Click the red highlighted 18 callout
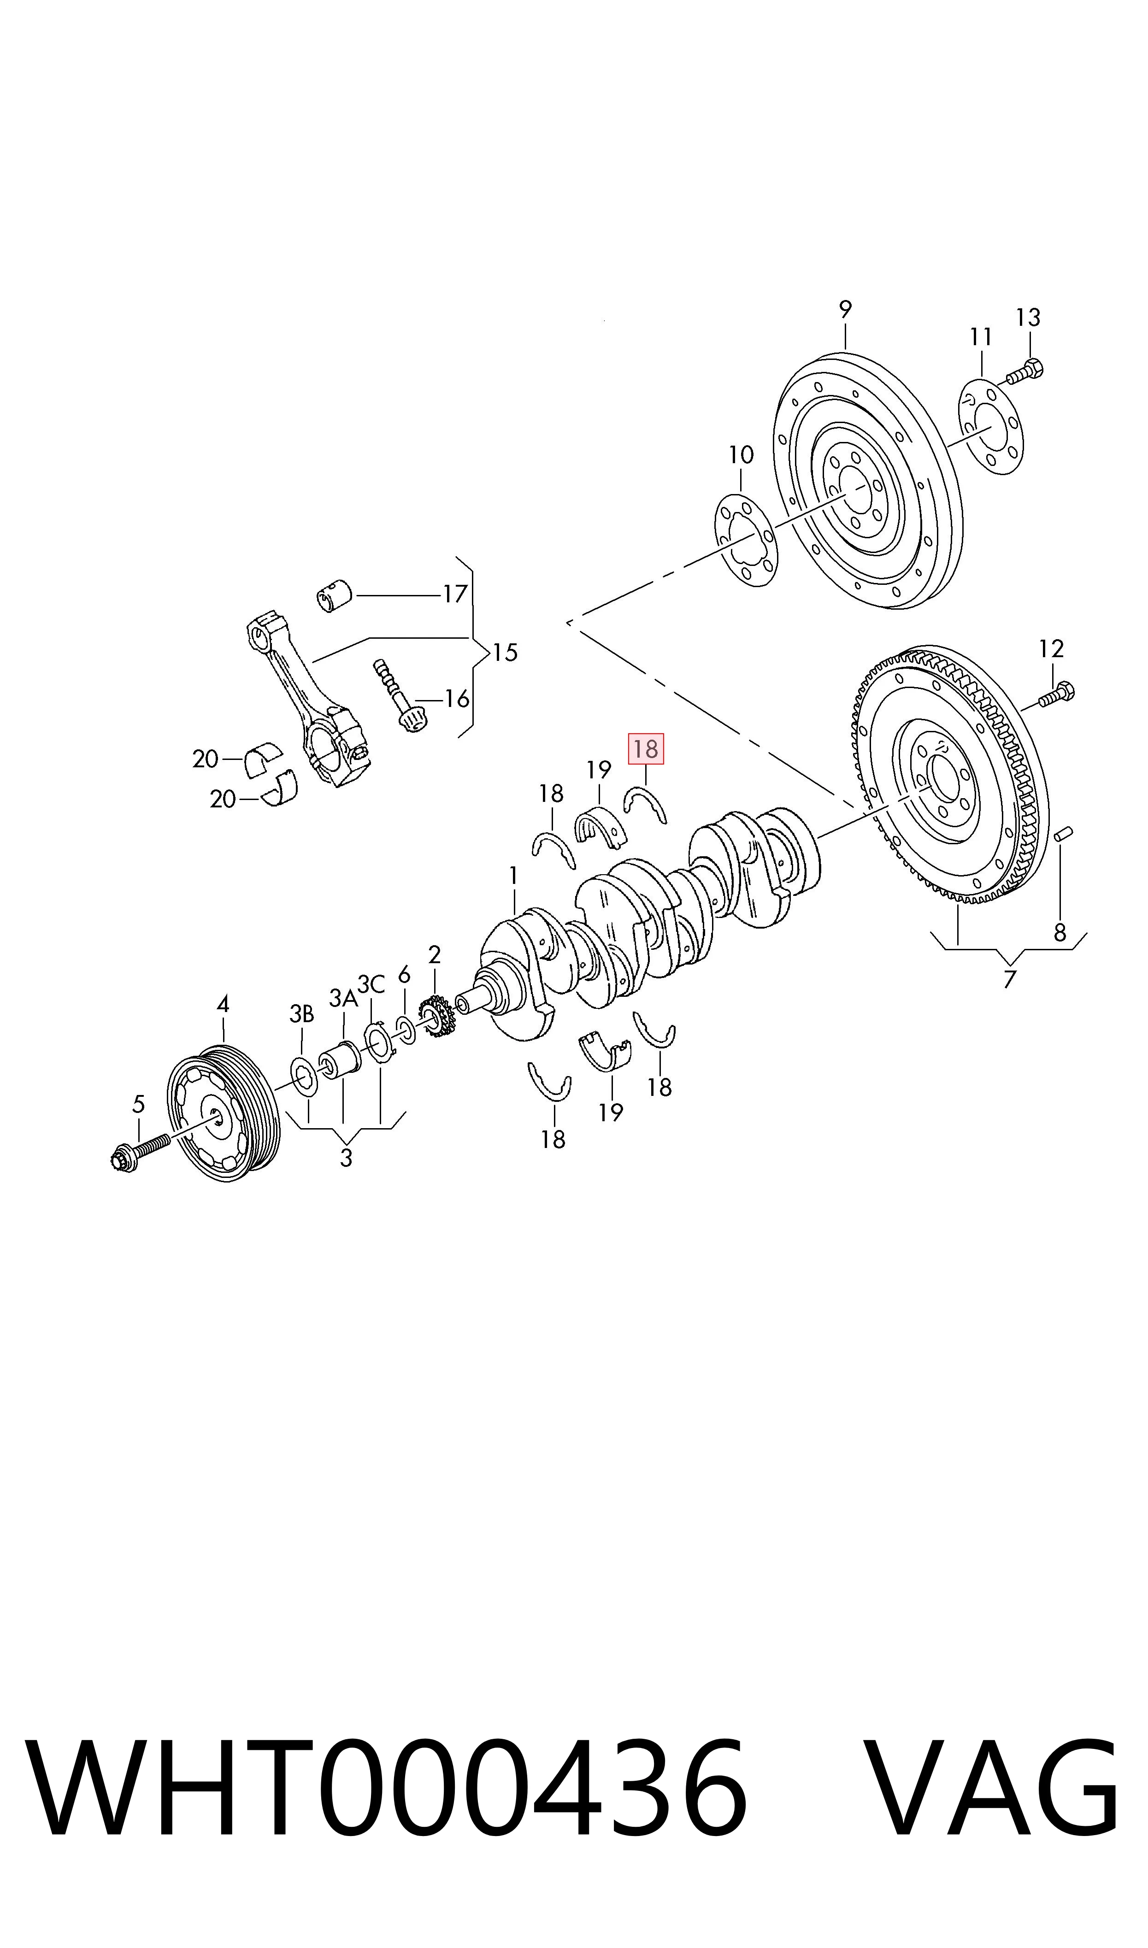(645, 748)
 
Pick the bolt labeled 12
(1056, 694)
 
